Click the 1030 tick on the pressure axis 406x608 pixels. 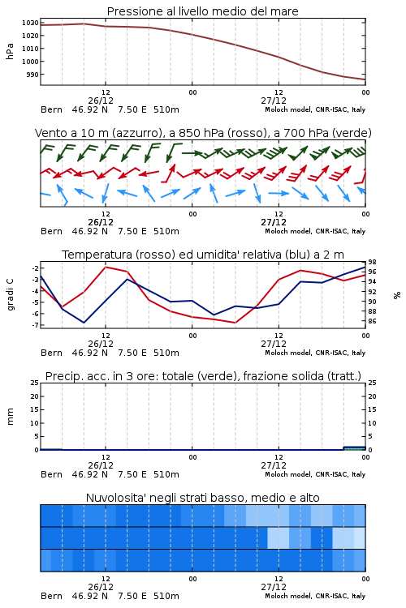(30, 23)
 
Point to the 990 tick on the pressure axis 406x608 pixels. (32, 75)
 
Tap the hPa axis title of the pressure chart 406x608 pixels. (10, 51)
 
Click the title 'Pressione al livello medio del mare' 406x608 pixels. (202, 11)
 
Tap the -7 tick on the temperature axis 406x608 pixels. (35, 325)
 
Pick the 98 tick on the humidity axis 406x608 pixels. (372, 263)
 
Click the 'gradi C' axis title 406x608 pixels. (10, 294)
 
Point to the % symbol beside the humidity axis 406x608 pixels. (397, 295)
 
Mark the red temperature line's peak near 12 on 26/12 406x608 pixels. (106, 267)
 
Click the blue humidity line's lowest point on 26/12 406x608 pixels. (84, 323)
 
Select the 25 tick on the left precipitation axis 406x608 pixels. (35, 383)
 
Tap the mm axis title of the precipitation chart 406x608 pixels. (10, 417)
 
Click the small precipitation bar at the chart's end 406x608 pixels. (355, 448)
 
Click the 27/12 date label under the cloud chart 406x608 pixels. (274, 587)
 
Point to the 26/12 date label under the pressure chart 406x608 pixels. (101, 101)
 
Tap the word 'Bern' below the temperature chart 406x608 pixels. (51, 353)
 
